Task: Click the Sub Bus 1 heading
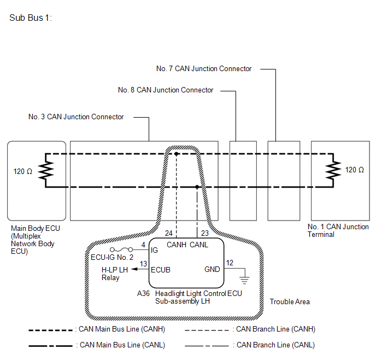(31, 18)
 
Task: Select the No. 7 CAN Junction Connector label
(204, 69)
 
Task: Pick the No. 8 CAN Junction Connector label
(166, 90)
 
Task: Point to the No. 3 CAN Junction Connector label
(76, 117)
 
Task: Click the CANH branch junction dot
(177, 154)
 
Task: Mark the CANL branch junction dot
(197, 187)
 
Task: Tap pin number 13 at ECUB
(143, 264)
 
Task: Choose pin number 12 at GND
(230, 263)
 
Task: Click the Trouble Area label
(290, 302)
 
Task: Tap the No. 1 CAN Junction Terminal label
(338, 230)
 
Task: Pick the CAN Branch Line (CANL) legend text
(274, 345)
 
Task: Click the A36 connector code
(143, 293)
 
